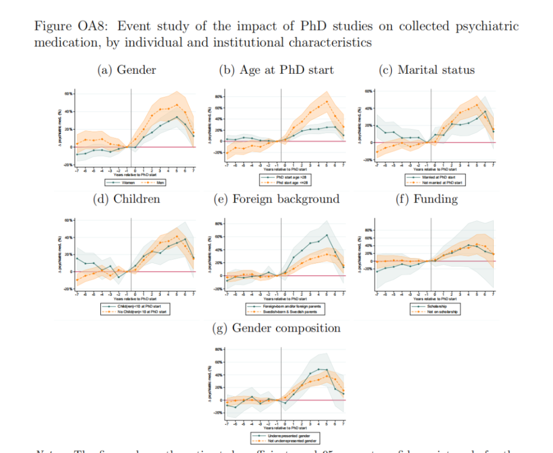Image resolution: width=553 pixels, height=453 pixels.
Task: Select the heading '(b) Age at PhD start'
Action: point(276,70)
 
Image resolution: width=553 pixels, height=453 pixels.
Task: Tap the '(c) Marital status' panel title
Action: point(426,70)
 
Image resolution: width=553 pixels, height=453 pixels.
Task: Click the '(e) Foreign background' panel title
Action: point(276,199)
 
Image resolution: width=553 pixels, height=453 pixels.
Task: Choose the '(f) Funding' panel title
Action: point(426,199)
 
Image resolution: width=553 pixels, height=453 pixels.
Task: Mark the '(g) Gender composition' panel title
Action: point(276,328)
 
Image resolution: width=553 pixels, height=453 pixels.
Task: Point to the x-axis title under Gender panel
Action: point(135,175)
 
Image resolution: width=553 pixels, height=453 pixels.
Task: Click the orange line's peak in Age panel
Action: point(327,102)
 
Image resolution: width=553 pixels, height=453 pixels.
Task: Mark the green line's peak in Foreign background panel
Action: point(327,234)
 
